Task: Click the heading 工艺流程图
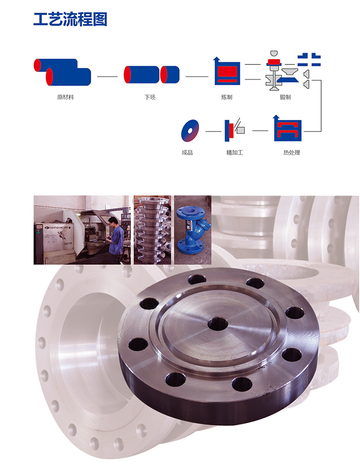pos(70,19)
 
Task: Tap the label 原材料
pos(65,97)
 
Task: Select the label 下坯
pos(150,97)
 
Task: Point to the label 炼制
pos(227,97)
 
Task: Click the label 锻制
pos(285,97)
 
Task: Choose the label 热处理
pos(292,153)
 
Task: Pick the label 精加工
pos(235,153)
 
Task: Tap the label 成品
pos(187,153)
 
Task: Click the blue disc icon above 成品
pos(190,131)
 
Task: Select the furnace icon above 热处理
pos(287,128)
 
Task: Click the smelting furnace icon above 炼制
pos(227,71)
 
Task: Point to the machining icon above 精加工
pos(234,130)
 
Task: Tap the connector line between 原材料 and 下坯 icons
pos(107,77)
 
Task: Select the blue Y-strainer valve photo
pos(193,230)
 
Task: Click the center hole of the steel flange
pos(218,324)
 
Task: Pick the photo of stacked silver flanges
pos(152,230)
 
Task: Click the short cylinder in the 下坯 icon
pos(170,75)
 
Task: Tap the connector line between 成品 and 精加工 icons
pos(213,131)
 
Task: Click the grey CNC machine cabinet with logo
pos(54,243)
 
